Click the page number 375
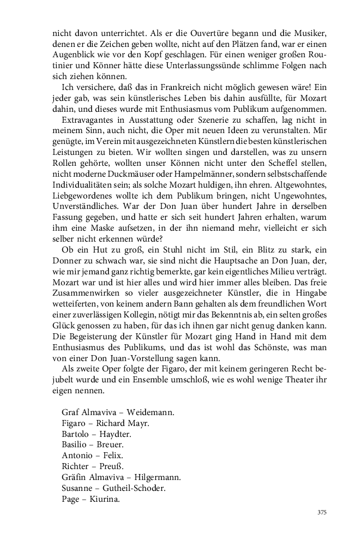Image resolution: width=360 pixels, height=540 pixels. click(321, 513)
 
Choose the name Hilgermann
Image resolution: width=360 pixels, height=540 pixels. click(158, 476)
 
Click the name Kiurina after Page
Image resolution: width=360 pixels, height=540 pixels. click(105, 497)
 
